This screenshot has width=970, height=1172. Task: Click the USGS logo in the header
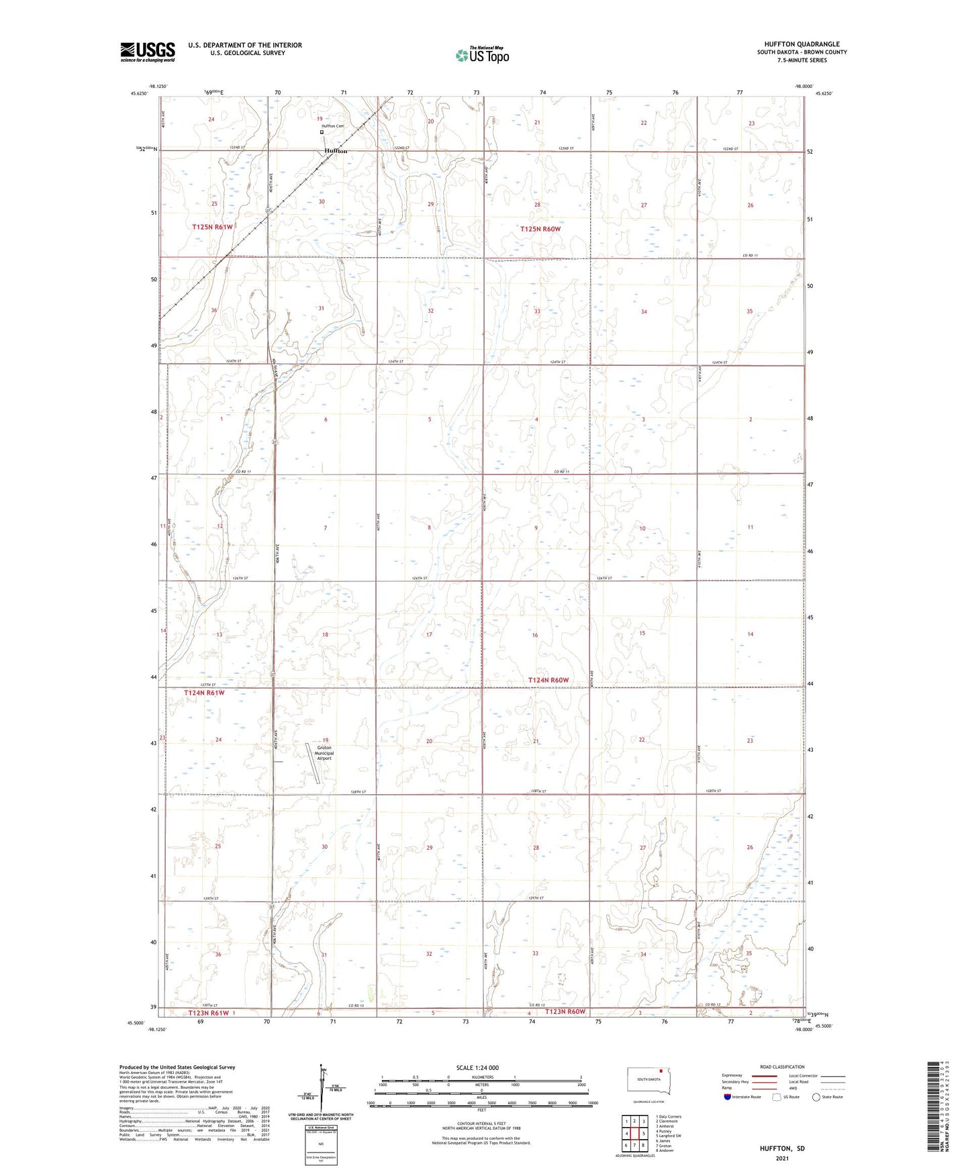(148, 52)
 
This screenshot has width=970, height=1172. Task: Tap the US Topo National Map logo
(481, 55)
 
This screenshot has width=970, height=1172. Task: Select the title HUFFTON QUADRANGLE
(802, 44)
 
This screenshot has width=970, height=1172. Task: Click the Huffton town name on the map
(336, 151)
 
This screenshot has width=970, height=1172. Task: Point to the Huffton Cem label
(333, 126)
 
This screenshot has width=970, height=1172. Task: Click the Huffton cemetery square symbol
(322, 132)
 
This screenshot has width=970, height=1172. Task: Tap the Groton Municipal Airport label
(324, 753)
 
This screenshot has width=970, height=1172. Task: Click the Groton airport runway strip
(313, 763)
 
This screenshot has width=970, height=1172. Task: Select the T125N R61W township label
(212, 227)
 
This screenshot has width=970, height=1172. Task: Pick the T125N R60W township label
(540, 229)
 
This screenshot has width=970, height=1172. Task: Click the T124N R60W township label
(548, 680)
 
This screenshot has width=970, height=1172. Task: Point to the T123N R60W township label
(565, 1012)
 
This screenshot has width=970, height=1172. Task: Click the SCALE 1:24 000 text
(477, 1068)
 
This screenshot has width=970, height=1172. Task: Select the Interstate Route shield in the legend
(728, 1097)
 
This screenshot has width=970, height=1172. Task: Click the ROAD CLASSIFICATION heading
(782, 1067)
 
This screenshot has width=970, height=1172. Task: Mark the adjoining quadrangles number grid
(634, 1134)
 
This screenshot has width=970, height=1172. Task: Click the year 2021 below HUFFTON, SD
(782, 1159)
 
